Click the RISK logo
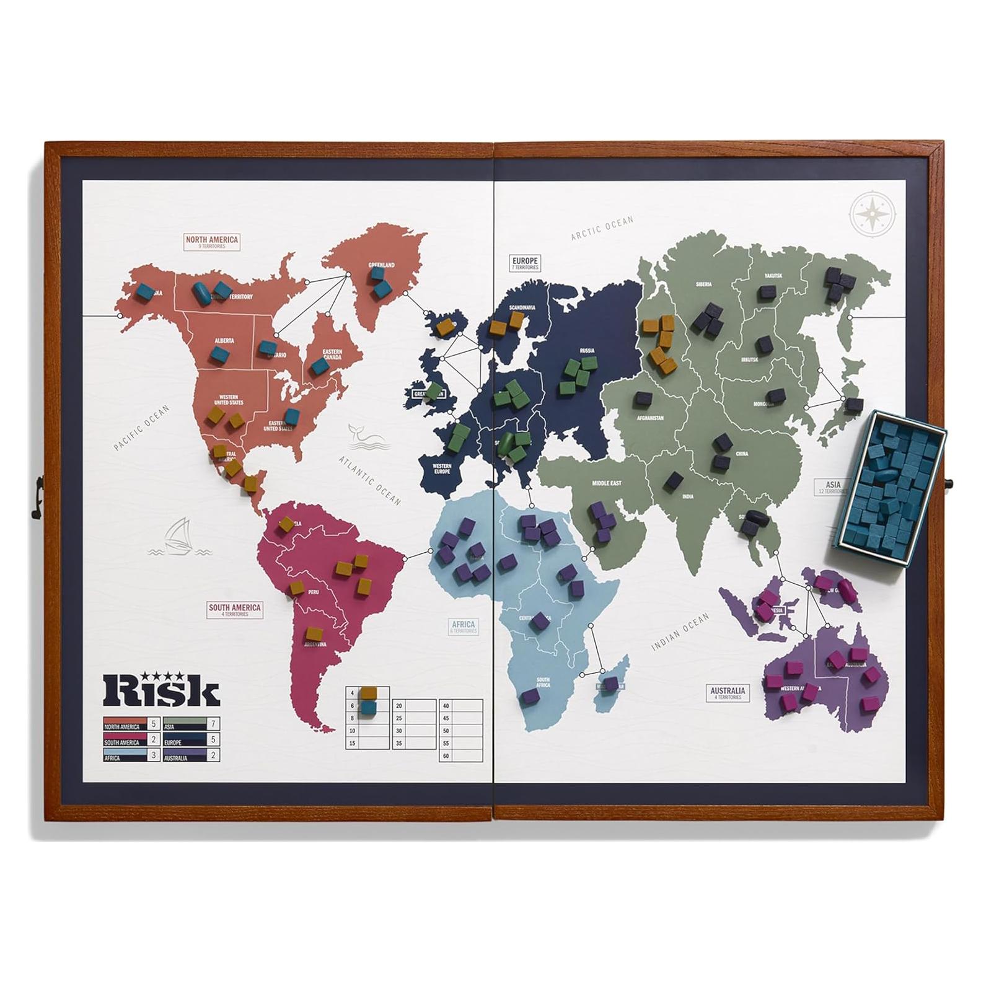click(x=161, y=688)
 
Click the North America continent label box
click(x=212, y=242)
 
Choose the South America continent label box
click(x=234, y=610)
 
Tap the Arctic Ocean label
click(x=602, y=227)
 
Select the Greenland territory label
click(x=381, y=265)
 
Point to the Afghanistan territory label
click(x=650, y=418)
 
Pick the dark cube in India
click(x=675, y=480)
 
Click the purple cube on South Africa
click(x=529, y=696)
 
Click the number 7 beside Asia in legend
click(x=213, y=724)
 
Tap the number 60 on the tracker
click(x=446, y=756)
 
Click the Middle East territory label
click(x=607, y=483)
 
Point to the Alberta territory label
click(x=224, y=341)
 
